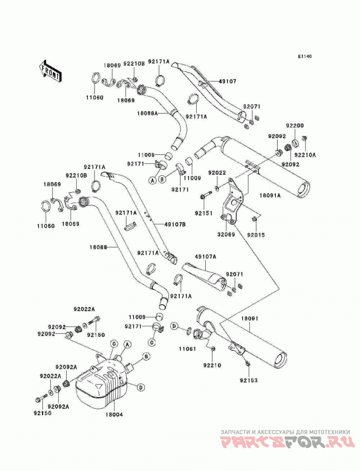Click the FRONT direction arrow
click(50, 71)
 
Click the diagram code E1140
click(305, 56)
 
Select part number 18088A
click(148, 113)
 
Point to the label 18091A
click(270, 195)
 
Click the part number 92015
click(256, 235)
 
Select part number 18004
click(114, 415)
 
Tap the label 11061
click(187, 349)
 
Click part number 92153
click(248, 380)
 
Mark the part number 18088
click(98, 247)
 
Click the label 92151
click(203, 213)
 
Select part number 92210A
click(305, 155)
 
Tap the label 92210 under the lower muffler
click(212, 365)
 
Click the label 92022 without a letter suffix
click(217, 173)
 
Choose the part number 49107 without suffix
click(227, 82)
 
